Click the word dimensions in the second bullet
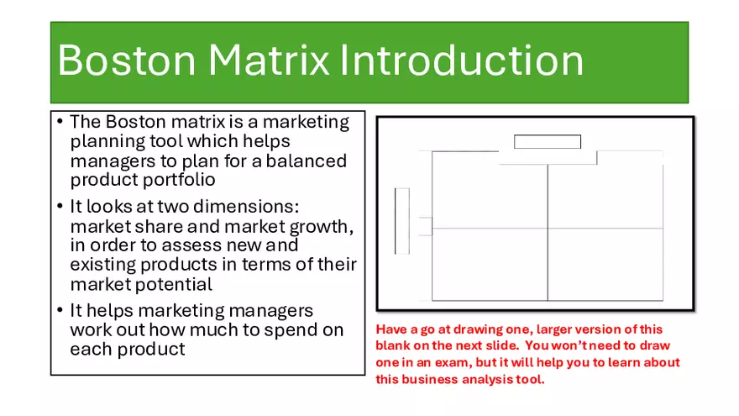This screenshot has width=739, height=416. click(239, 207)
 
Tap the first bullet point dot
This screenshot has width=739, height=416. click(60, 123)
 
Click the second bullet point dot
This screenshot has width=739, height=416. click(60, 208)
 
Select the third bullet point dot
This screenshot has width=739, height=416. click(60, 312)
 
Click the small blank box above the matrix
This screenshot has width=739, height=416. click(547, 142)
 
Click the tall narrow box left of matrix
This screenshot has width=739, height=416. click(402, 220)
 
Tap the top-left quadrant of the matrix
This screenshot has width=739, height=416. click(490, 196)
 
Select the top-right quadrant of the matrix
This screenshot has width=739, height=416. click(605, 196)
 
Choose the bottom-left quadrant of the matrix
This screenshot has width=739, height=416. click(490, 264)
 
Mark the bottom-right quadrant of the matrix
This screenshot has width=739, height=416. click(605, 264)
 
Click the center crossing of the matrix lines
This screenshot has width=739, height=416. click(548, 229)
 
